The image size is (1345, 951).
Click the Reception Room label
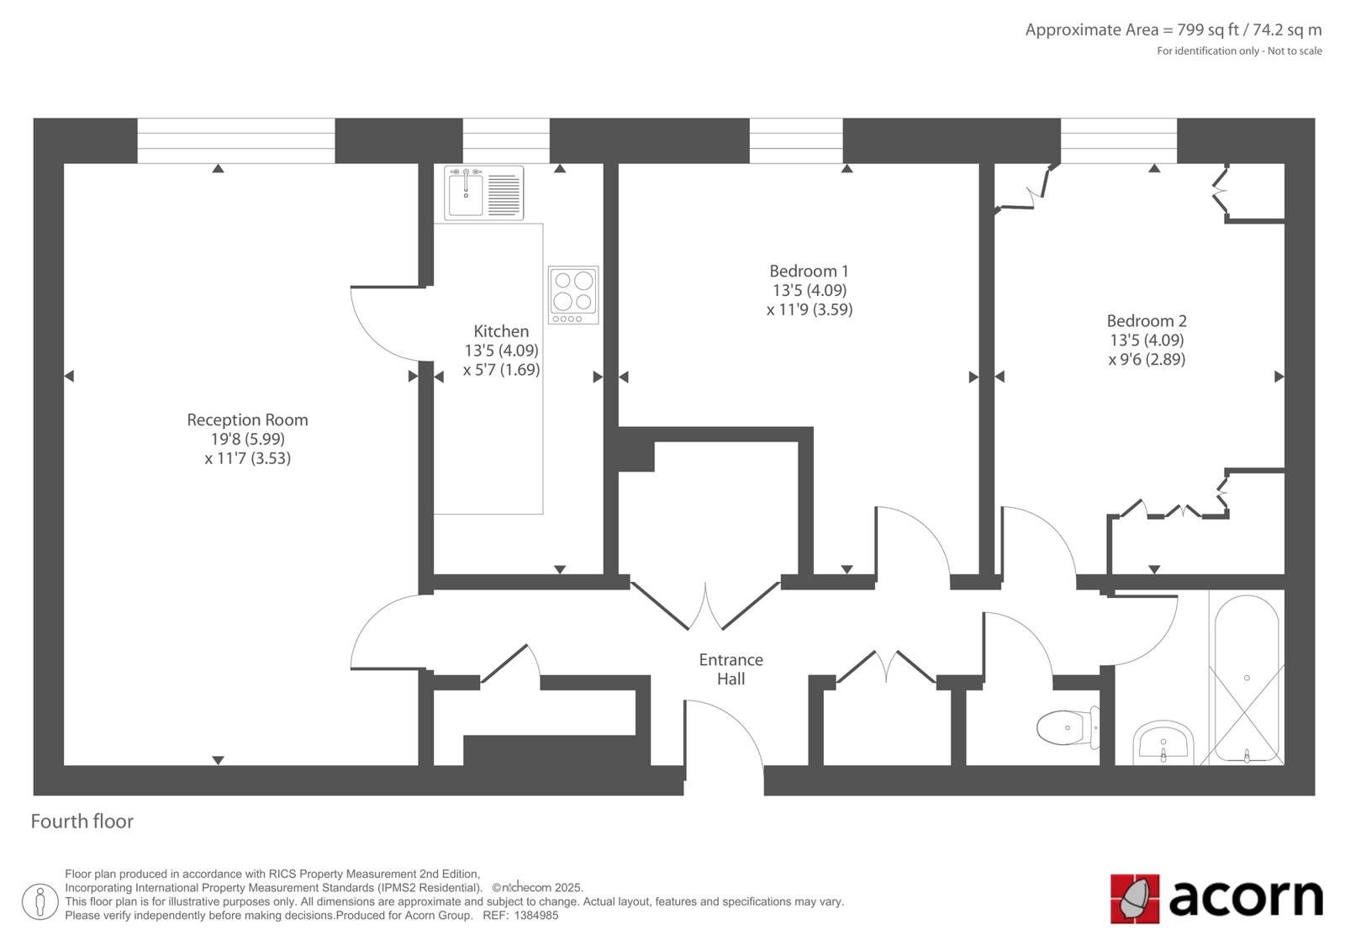coord(247,420)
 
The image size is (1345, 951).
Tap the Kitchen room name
coord(501,331)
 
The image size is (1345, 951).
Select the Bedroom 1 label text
coord(810,271)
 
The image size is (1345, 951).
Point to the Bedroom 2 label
coord(1147,321)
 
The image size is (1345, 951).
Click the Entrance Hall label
coord(731,669)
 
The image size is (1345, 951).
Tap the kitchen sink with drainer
coord(484,193)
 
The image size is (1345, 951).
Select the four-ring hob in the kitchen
coord(573,295)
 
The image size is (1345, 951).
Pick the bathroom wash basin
coord(1163,742)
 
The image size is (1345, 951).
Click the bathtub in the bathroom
coord(1247,679)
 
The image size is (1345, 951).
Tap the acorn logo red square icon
coord(1135,899)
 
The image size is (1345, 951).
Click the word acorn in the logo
coord(1246,898)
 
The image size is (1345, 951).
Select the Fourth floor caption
coord(82,822)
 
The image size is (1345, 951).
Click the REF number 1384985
coord(536,916)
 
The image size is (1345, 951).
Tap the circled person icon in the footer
coord(40,901)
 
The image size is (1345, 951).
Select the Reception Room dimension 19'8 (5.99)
coord(247,439)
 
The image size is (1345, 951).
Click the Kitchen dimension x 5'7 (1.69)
coord(501,369)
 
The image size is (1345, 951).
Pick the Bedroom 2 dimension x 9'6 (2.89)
coord(1147,359)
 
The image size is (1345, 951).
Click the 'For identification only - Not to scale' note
coord(1239,51)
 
